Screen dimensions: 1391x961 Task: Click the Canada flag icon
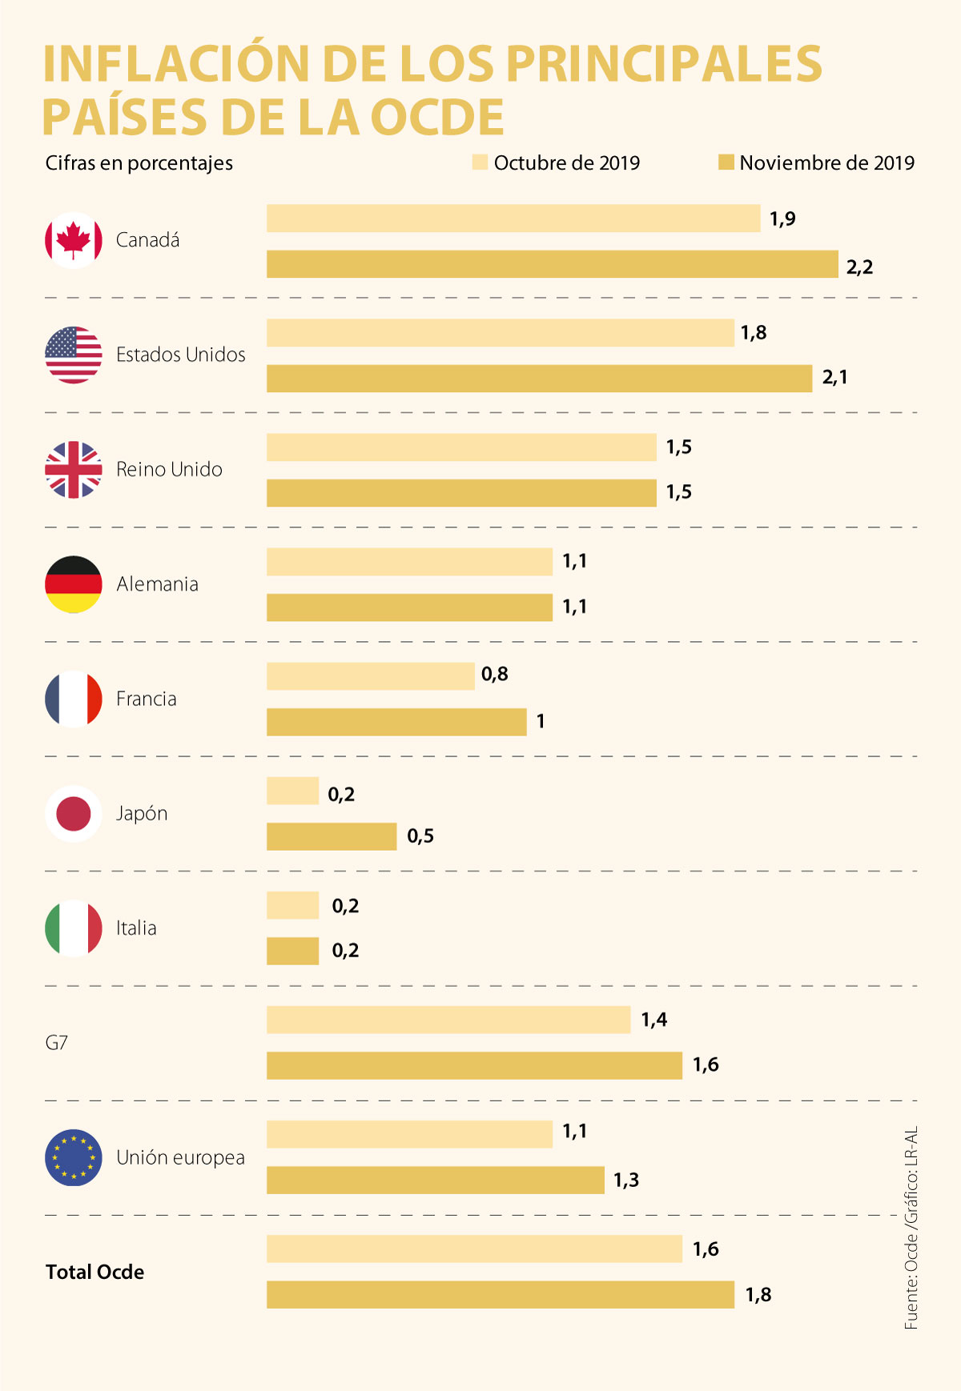tap(74, 240)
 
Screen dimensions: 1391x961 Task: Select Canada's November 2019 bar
tap(553, 264)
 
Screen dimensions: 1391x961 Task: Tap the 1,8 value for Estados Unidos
tap(754, 333)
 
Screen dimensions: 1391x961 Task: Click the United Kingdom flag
tap(74, 470)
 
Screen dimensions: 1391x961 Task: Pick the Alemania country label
tap(157, 584)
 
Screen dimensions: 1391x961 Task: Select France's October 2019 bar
tap(370, 676)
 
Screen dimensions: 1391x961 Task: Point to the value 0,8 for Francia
tap(495, 675)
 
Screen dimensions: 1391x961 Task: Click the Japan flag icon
tap(74, 814)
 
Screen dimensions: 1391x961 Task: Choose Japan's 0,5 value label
tap(420, 836)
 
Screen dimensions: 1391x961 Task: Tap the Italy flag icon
tap(74, 928)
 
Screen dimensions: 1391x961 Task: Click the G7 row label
tap(57, 1043)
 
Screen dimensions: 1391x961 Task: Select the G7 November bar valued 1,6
tap(474, 1065)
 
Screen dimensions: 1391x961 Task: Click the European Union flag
tap(74, 1158)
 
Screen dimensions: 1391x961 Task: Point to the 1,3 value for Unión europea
tap(626, 1181)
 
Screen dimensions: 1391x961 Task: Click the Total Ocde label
tap(94, 1273)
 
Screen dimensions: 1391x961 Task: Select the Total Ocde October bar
tap(474, 1249)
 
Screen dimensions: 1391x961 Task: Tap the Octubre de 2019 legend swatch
tap(480, 162)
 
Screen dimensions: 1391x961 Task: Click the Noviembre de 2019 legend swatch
tap(726, 162)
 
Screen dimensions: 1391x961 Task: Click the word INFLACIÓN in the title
tap(176, 64)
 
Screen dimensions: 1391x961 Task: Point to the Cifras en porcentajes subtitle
tap(139, 163)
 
